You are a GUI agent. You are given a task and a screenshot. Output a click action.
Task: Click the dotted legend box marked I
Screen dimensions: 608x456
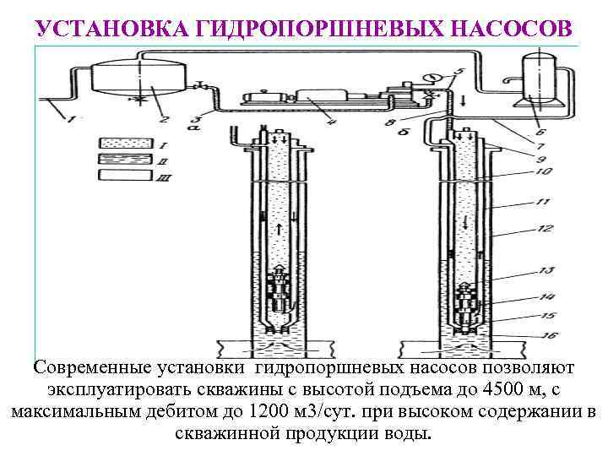pyautogui.click(x=122, y=142)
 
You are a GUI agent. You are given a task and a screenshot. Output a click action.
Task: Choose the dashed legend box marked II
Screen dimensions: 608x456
pyautogui.click(x=122, y=159)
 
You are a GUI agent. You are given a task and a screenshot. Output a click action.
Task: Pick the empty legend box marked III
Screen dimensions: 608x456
pyautogui.click(x=122, y=175)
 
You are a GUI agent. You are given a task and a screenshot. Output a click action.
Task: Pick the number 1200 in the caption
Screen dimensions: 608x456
pyautogui.click(x=274, y=413)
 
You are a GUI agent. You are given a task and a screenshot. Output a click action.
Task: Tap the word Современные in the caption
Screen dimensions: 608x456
pyautogui.click(x=87, y=369)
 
